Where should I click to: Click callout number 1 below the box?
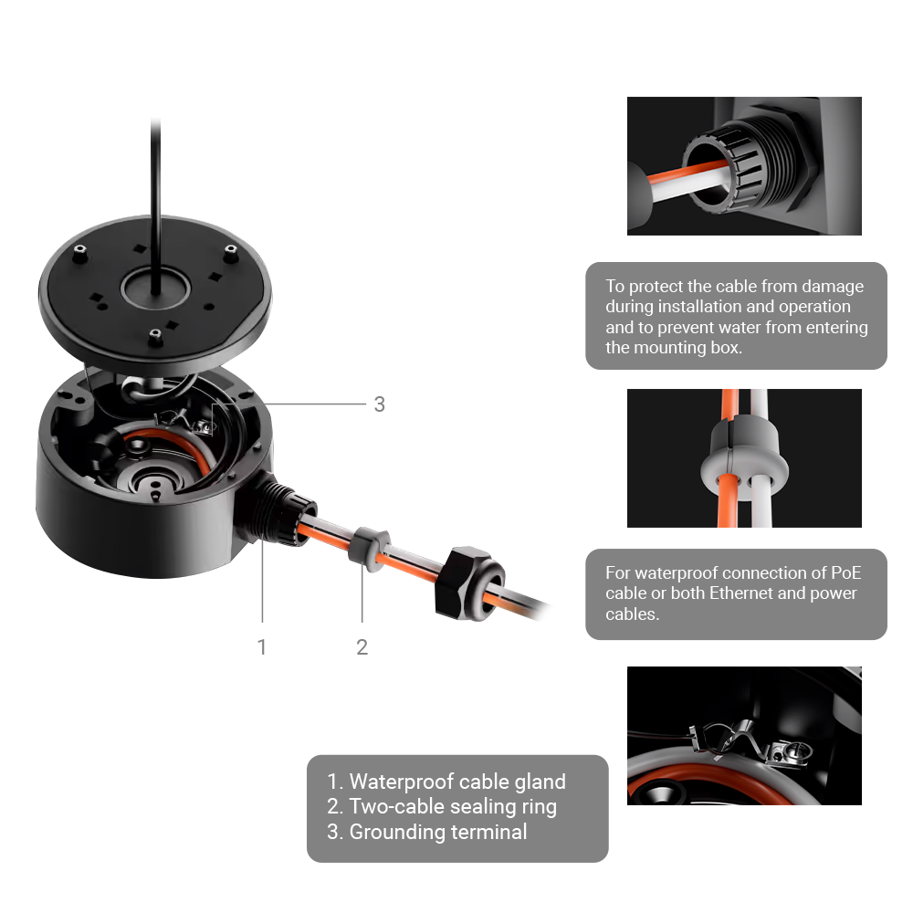point(262,646)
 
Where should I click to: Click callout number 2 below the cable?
point(362,646)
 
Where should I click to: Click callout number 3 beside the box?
point(379,404)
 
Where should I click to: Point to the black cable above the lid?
point(157,183)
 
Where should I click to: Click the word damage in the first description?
point(830,287)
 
